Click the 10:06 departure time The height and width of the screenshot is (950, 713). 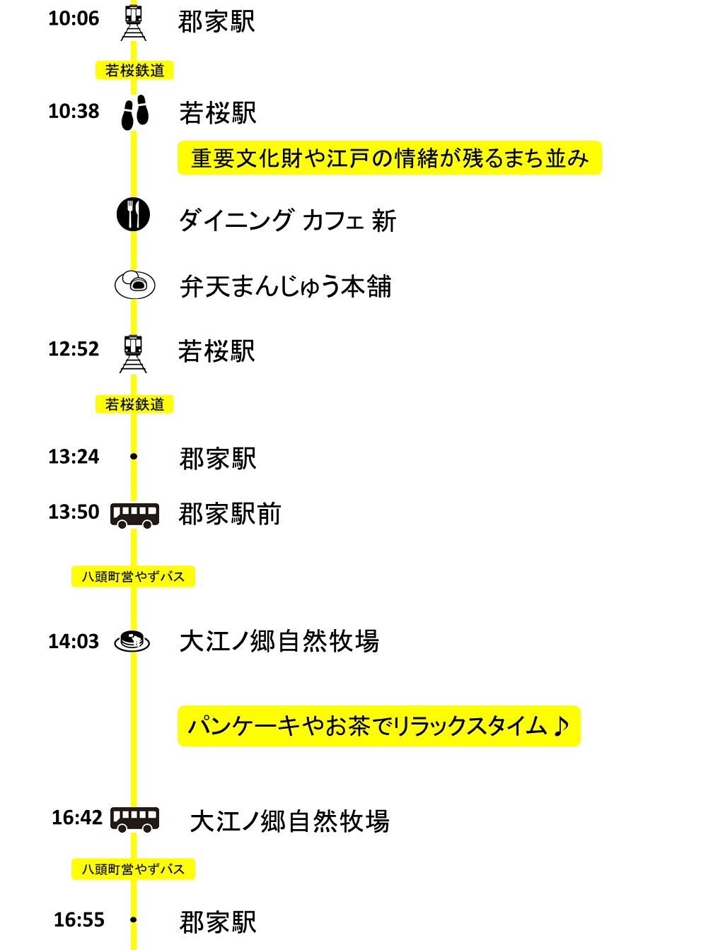coord(74,18)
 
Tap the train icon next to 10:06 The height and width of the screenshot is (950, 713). coord(134,23)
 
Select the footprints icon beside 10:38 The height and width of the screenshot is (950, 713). coord(134,112)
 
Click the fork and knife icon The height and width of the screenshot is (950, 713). coord(134,214)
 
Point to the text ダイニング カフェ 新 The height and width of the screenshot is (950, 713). coord(287,221)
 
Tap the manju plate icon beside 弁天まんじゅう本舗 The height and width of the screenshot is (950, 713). coord(134,285)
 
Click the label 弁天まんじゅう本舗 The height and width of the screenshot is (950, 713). coord(286,286)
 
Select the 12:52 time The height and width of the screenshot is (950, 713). coord(74,349)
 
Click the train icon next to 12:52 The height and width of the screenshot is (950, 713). coord(133,353)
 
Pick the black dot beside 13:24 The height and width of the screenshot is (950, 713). coord(134,456)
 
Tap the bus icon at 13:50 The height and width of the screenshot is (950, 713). coord(134,515)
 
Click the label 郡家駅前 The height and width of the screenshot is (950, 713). coord(230,514)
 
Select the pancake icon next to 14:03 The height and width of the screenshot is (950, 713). coord(132,641)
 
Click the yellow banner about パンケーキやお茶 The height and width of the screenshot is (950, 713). coord(379,726)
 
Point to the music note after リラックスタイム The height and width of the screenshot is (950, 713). coord(561,726)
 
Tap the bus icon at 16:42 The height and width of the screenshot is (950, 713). coord(134,819)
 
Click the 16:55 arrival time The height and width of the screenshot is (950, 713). coord(79,920)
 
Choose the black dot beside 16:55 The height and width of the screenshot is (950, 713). coord(134,920)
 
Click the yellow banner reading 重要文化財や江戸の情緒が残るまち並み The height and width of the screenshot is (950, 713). coord(390,158)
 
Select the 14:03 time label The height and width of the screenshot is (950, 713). coord(74,641)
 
